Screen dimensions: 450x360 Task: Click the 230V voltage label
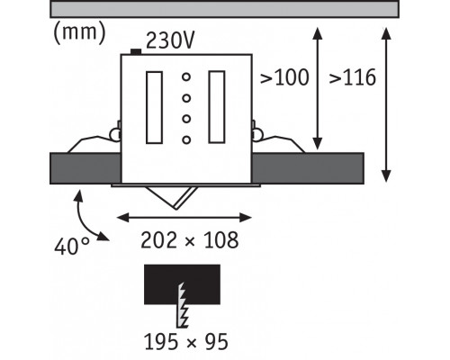tap(170, 40)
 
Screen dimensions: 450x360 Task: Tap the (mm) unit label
tap(79, 33)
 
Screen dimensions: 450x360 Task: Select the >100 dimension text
tap(284, 77)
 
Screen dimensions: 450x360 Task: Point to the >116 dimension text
tap(353, 77)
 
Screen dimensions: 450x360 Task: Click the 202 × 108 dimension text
tap(190, 240)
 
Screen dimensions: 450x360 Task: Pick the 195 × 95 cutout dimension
tap(186, 342)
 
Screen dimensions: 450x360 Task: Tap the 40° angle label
tap(72, 246)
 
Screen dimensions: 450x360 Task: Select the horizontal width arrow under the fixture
tap(184, 218)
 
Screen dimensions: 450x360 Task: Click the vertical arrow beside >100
tap(318, 88)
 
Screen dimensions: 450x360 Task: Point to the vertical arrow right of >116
tap(386, 104)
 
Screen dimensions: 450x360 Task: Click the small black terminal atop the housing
tap(136, 52)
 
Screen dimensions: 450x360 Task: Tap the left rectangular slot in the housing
tap(154, 107)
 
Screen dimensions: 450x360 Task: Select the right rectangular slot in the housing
tap(217, 107)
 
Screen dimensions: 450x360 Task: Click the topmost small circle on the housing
tap(186, 77)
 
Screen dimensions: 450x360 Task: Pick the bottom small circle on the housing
tap(186, 139)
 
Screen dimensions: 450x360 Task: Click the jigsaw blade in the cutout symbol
tap(182, 305)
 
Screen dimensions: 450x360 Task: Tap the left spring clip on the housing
tap(93, 141)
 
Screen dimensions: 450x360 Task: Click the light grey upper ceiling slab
tap(224, 9)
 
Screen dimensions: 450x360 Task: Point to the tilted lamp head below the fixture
tap(172, 197)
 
